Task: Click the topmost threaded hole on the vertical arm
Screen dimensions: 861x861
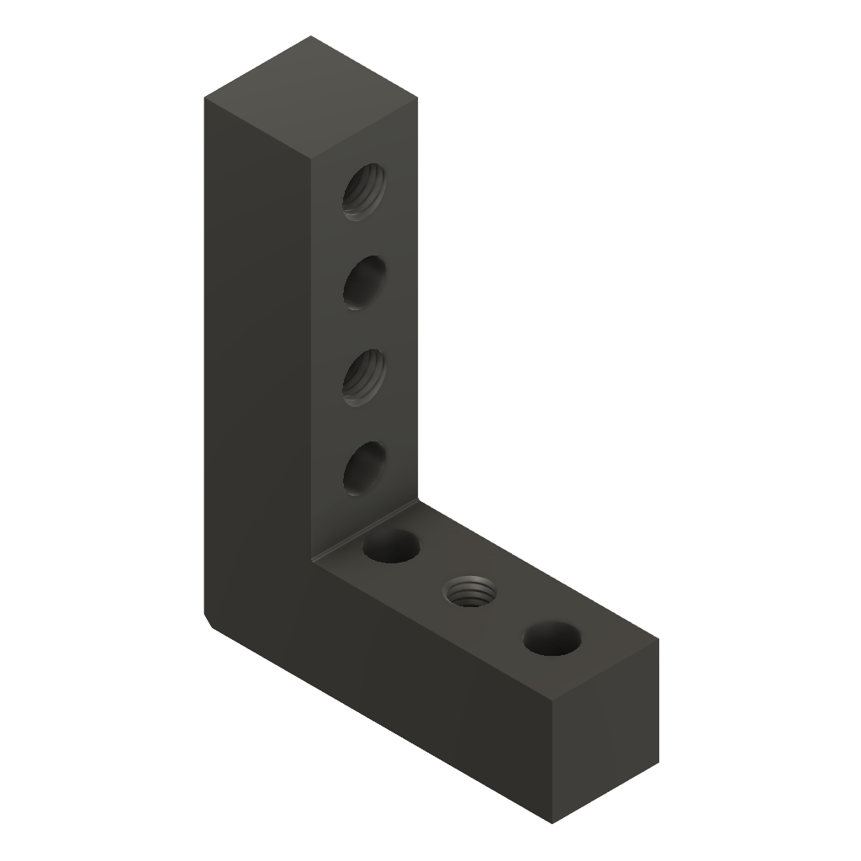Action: pos(364,192)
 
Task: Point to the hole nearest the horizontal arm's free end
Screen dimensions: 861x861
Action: pos(552,640)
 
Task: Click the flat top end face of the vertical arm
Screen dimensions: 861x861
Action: pos(312,98)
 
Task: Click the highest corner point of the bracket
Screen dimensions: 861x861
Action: pos(312,36)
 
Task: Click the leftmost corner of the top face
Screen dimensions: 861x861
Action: pos(205,98)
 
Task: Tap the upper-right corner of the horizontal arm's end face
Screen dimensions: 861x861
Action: pos(658,639)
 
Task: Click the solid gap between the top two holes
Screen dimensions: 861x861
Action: pos(364,238)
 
